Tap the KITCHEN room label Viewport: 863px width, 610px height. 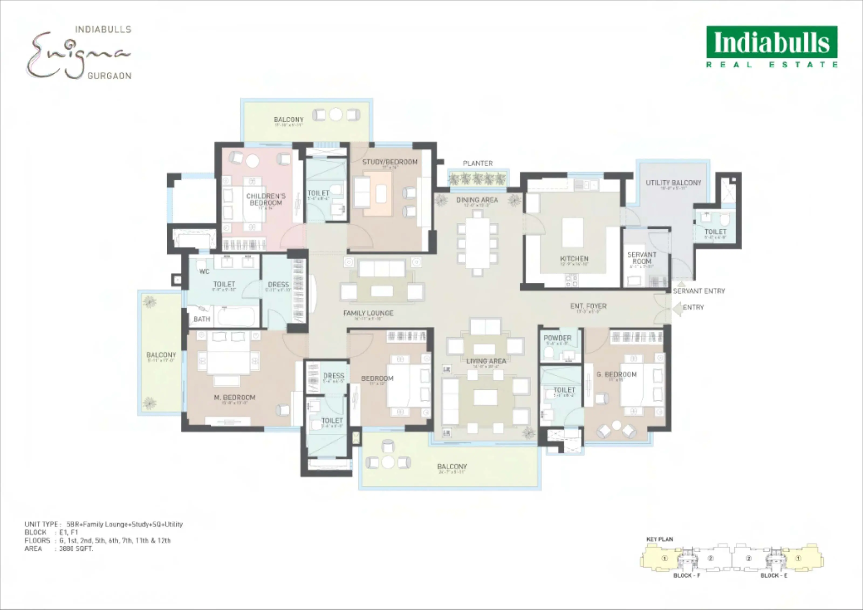[x=574, y=259]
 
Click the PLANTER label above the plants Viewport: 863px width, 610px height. [x=477, y=163]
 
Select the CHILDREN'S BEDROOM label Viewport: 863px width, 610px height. [x=266, y=199]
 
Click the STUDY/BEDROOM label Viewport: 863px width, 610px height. [x=390, y=162]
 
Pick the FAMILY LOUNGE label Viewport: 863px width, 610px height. [x=368, y=313]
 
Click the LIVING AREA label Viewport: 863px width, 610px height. [x=486, y=361]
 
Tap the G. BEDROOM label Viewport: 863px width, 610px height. [x=617, y=374]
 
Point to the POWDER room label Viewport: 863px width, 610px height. [x=557, y=338]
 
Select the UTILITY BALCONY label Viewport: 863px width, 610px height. [x=673, y=183]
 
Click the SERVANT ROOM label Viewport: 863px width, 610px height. [x=641, y=258]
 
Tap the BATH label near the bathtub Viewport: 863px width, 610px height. [x=201, y=319]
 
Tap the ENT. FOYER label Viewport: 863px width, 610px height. [x=588, y=306]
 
